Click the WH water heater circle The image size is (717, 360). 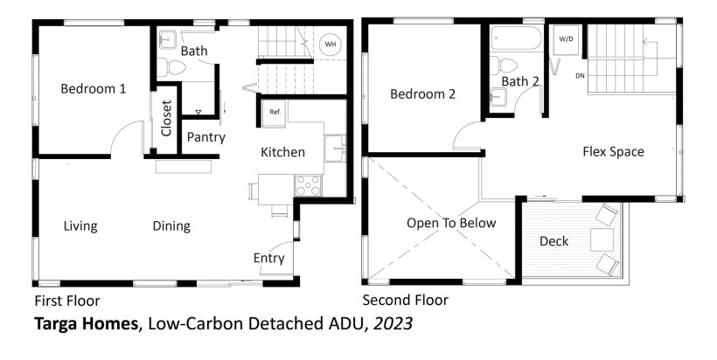[x=331, y=45]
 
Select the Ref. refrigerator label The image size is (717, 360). [x=275, y=112]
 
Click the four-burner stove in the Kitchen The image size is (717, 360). [x=309, y=185]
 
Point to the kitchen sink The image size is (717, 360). [x=335, y=148]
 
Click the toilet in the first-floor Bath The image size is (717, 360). [x=172, y=67]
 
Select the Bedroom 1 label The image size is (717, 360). [x=94, y=88]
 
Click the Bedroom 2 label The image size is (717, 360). [x=423, y=94]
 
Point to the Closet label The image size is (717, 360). [x=166, y=118]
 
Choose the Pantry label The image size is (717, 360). [x=206, y=137]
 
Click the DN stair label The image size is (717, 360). [x=580, y=76]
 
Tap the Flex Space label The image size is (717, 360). [x=613, y=152]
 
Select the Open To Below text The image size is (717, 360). [x=451, y=223]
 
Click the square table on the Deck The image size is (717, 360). [x=602, y=239]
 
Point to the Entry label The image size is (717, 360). [x=269, y=258]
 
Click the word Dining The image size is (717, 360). [x=171, y=226]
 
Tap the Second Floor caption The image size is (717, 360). [x=406, y=301]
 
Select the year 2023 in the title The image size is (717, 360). [x=393, y=324]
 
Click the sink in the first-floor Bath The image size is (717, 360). [x=167, y=39]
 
